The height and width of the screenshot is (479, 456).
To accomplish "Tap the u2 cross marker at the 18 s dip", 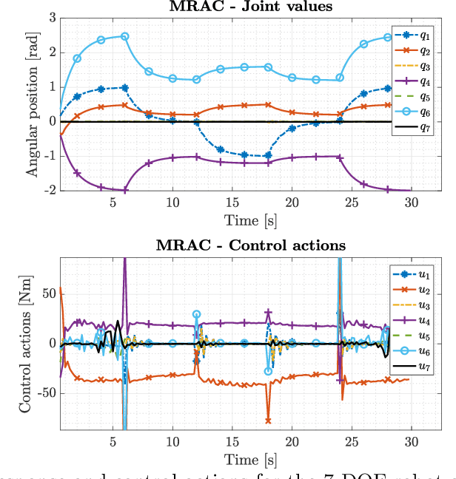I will click(x=268, y=421).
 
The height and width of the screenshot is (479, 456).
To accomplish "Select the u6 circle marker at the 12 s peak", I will click(x=196, y=314).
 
